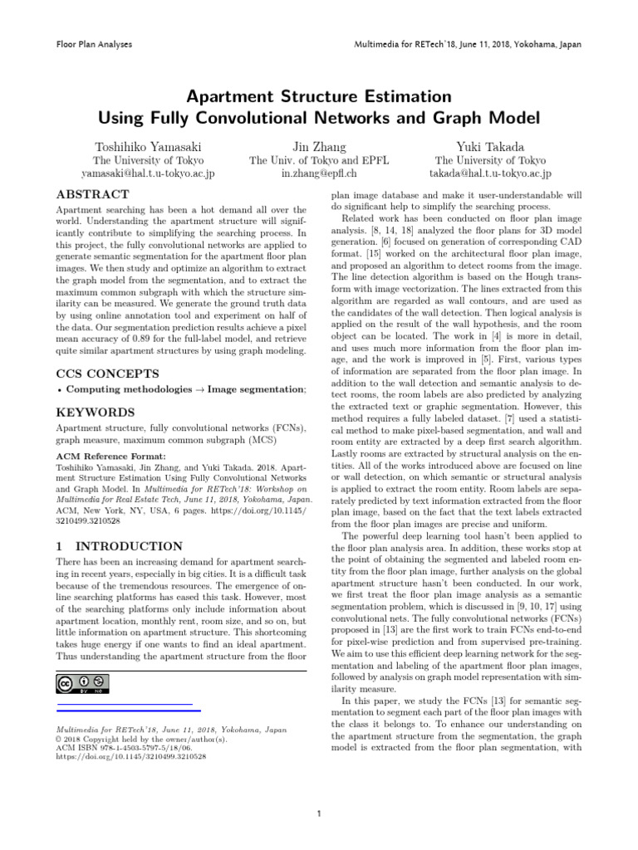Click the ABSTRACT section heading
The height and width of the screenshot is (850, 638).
[x=92, y=194]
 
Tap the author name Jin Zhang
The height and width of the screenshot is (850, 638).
[x=319, y=147]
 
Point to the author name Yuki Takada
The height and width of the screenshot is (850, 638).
[x=490, y=147]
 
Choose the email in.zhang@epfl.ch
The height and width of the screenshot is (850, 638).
[x=319, y=174]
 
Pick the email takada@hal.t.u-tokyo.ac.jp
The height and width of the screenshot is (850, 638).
[x=490, y=174]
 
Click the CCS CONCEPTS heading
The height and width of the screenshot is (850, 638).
[x=108, y=374]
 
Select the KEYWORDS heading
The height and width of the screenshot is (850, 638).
[x=95, y=412]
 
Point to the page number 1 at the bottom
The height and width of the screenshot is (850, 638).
[x=319, y=813]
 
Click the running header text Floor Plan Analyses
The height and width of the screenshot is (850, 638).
[x=93, y=42]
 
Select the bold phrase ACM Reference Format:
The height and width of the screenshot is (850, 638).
[x=110, y=456]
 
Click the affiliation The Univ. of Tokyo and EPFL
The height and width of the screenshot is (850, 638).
[x=319, y=161]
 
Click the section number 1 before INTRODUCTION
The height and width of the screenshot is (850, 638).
[x=60, y=546]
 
